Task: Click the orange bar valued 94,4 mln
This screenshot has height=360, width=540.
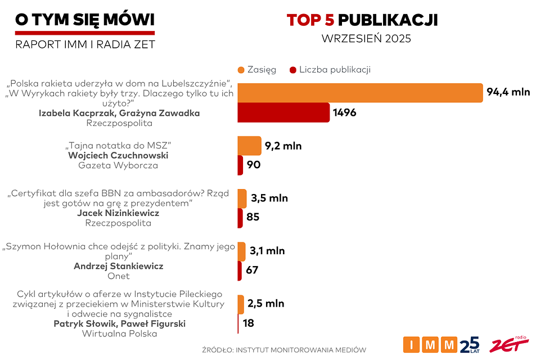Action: pos(360,93)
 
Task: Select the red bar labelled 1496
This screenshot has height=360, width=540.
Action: pos(283,112)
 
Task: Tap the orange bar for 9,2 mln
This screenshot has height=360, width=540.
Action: pos(249,146)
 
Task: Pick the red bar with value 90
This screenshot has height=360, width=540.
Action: pos(240,165)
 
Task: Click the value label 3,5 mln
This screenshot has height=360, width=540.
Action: pos(269,198)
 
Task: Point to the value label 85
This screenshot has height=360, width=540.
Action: pos(253,217)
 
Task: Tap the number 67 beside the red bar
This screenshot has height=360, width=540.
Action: pos(252,270)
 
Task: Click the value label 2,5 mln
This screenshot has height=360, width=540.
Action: pos(265,304)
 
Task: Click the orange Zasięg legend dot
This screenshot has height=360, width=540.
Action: pos(241,70)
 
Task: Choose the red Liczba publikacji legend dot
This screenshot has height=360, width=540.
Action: pos(292,70)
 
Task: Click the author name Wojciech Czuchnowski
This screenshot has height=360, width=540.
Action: pos(118,155)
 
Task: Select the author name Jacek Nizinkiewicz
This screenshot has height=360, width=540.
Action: pos(118,213)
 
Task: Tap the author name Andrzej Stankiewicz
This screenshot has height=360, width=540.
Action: pos(118,266)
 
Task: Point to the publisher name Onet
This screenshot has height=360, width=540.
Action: pos(118,276)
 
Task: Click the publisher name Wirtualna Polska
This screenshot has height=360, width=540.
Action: pos(119,334)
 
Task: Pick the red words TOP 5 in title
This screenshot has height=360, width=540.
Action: pos(310,21)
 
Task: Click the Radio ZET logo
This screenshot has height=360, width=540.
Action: pos(508,344)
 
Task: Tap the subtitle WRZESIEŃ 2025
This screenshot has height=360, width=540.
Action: pos(366,39)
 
